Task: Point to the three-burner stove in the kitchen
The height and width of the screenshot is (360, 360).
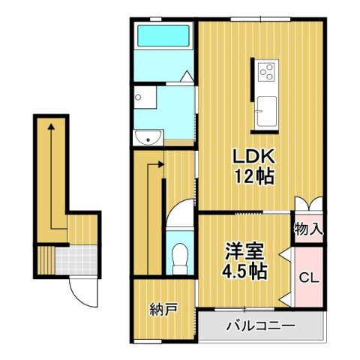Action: pyautogui.click(x=267, y=72)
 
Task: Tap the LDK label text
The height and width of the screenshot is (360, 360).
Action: pyautogui.click(x=254, y=157)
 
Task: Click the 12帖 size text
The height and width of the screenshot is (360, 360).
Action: pyautogui.click(x=254, y=177)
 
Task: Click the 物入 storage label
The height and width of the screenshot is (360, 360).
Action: pyautogui.click(x=308, y=228)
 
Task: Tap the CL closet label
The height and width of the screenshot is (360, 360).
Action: pyautogui.click(x=308, y=278)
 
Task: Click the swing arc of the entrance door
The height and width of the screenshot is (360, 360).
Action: pyautogui.click(x=84, y=294)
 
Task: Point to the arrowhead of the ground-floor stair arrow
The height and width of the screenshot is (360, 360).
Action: pyautogui.click(x=51, y=128)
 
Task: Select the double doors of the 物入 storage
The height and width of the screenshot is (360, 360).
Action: pyautogui.click(x=308, y=204)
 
